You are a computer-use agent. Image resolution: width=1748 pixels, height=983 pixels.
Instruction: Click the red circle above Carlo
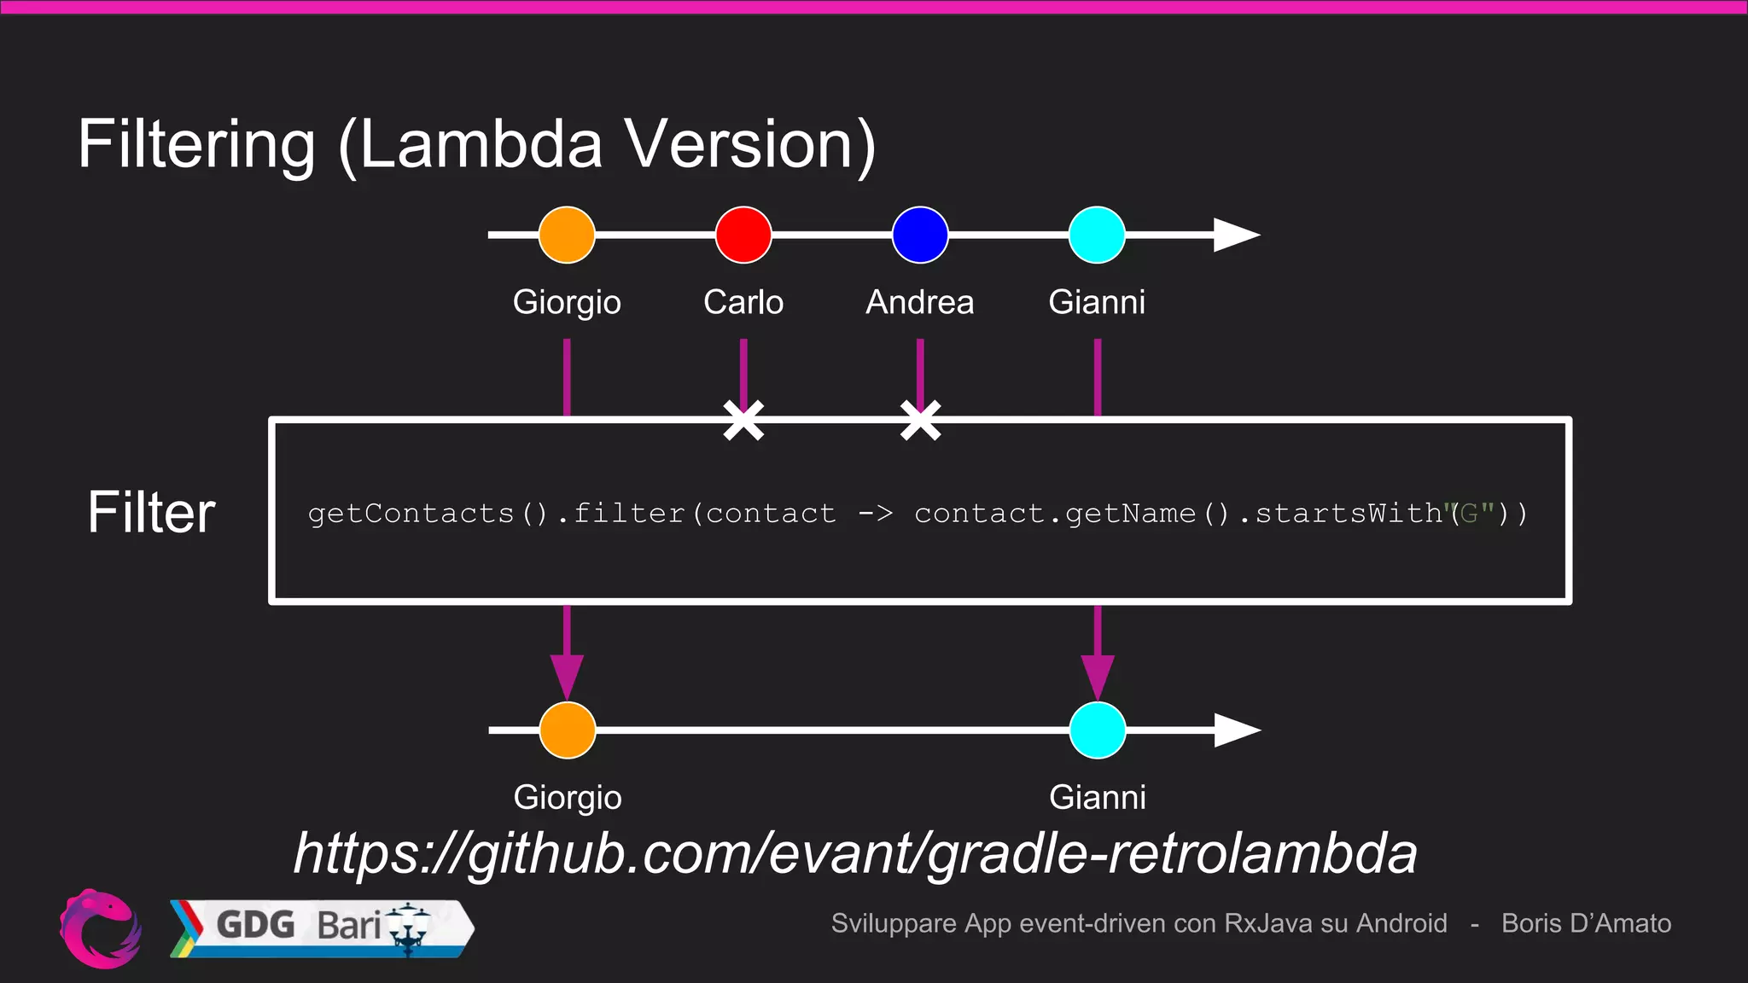coord(743,235)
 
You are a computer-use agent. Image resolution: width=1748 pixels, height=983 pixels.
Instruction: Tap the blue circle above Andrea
coord(920,235)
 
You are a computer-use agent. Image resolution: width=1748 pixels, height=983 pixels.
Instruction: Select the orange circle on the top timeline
coord(567,235)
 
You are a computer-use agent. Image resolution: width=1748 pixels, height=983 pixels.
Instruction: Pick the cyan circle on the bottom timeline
coord(1098,730)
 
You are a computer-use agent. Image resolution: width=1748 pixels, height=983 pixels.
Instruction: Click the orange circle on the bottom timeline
coord(568,730)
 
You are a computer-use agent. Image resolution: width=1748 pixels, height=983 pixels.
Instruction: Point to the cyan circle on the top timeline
coord(1097,235)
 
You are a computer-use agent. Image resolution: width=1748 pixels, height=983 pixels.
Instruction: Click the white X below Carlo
coord(743,421)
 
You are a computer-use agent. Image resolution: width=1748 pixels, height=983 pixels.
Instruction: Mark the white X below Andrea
coord(920,421)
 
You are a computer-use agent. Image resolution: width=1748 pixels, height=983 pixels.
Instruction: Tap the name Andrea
coord(919,302)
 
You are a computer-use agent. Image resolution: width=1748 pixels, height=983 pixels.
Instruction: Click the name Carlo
coord(743,302)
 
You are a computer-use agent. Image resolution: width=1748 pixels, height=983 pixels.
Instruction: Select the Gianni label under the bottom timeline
coord(1097,797)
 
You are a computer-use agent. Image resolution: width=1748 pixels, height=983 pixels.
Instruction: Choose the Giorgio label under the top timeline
coord(567,302)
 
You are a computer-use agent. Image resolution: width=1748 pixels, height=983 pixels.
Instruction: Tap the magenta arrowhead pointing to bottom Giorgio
coord(567,676)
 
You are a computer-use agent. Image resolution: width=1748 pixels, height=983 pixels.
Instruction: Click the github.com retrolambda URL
coord(855,852)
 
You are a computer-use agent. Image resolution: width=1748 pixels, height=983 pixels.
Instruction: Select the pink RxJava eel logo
coord(100,928)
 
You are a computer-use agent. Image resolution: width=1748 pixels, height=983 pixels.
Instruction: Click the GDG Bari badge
coord(322,928)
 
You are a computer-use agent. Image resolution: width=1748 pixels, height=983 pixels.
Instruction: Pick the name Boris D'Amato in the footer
coord(1586,923)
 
